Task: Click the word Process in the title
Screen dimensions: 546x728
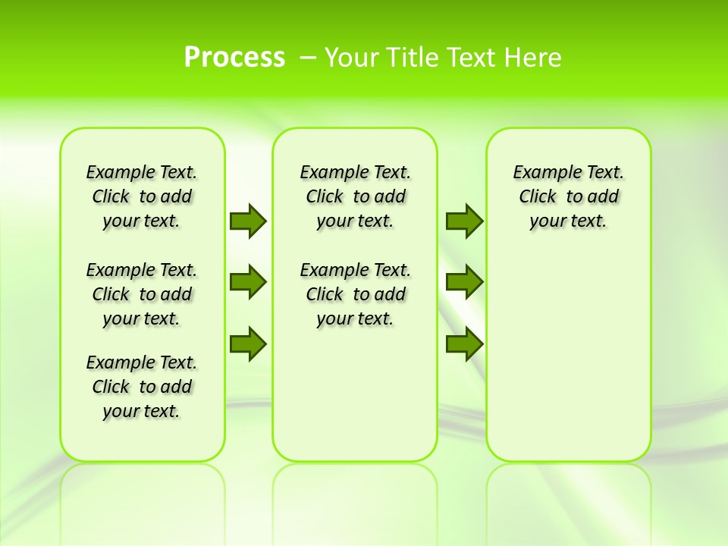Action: click(x=234, y=58)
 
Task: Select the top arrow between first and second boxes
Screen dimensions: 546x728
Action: click(x=248, y=221)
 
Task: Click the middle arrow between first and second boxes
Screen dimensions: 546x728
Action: click(x=248, y=282)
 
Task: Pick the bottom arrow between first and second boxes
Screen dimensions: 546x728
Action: click(x=248, y=344)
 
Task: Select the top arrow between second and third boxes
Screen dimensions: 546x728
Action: click(x=464, y=221)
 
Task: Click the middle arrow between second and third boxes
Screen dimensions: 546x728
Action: click(x=464, y=282)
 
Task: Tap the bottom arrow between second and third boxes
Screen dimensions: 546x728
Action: click(x=464, y=344)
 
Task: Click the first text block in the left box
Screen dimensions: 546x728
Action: click(x=142, y=196)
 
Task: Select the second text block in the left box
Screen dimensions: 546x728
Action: click(x=142, y=294)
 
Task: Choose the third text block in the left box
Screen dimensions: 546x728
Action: click(x=142, y=387)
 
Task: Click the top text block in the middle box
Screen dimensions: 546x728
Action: click(x=355, y=196)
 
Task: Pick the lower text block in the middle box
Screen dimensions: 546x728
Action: click(x=355, y=294)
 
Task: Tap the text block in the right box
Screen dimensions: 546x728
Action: click(x=569, y=196)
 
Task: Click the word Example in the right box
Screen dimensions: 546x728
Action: click(x=541, y=173)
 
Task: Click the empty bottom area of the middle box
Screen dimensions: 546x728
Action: click(x=355, y=402)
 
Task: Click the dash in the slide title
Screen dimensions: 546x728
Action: click(x=309, y=58)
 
